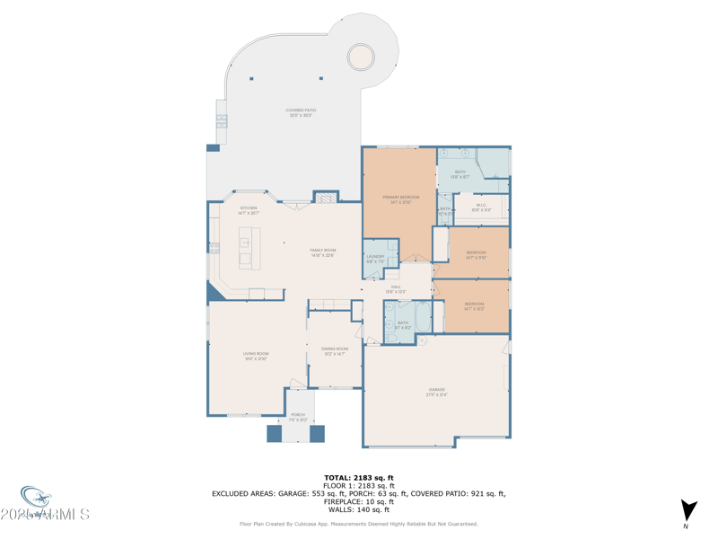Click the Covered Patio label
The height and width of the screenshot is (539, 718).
click(x=302, y=111)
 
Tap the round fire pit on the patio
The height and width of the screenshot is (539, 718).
click(x=361, y=57)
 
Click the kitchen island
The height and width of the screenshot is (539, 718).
click(x=250, y=247)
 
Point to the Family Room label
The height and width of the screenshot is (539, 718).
click(x=322, y=252)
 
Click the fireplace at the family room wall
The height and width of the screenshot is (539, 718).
click(x=326, y=198)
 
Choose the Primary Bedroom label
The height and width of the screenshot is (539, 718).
click(x=400, y=198)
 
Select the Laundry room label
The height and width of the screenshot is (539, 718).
click(x=375, y=258)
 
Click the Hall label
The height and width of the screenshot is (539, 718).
click(x=395, y=288)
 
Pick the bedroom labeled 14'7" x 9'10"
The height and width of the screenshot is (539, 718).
click(x=476, y=253)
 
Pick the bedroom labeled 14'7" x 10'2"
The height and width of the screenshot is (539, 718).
click(x=475, y=305)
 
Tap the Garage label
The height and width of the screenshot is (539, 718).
click(x=436, y=391)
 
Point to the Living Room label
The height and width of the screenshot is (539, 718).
click(x=256, y=355)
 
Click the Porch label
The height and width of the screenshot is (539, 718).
click(x=297, y=416)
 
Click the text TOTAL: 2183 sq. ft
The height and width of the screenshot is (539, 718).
click(x=359, y=478)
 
